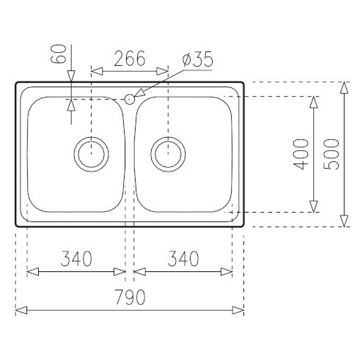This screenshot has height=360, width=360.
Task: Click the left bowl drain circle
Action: [x=91, y=154]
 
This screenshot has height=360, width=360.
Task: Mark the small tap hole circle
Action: [x=130, y=98]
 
